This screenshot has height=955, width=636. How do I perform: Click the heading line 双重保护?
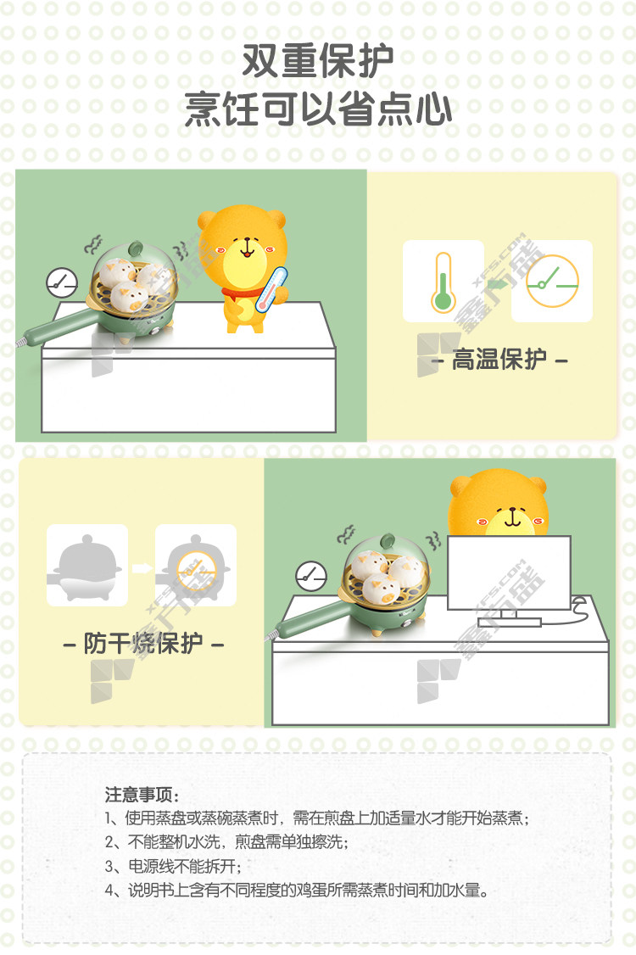click(x=318, y=61)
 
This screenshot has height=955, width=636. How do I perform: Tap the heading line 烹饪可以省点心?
click(x=318, y=109)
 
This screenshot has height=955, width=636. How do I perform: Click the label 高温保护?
click(x=499, y=360)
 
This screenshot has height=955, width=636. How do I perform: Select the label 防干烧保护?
click(x=143, y=643)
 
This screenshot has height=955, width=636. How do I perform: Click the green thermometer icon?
click(x=443, y=282)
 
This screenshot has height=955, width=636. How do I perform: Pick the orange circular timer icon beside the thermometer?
click(x=552, y=282)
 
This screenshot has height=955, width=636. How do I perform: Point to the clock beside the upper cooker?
click(x=62, y=282)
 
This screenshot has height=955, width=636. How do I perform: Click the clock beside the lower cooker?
click(x=311, y=576)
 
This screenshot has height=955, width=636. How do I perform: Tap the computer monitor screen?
click(x=510, y=572)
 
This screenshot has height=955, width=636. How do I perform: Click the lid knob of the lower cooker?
click(x=388, y=541)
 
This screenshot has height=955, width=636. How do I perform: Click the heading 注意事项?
click(x=142, y=795)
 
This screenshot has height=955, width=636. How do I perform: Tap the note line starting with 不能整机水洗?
click(x=226, y=841)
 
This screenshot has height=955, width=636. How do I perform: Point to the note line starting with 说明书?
click(x=297, y=891)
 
